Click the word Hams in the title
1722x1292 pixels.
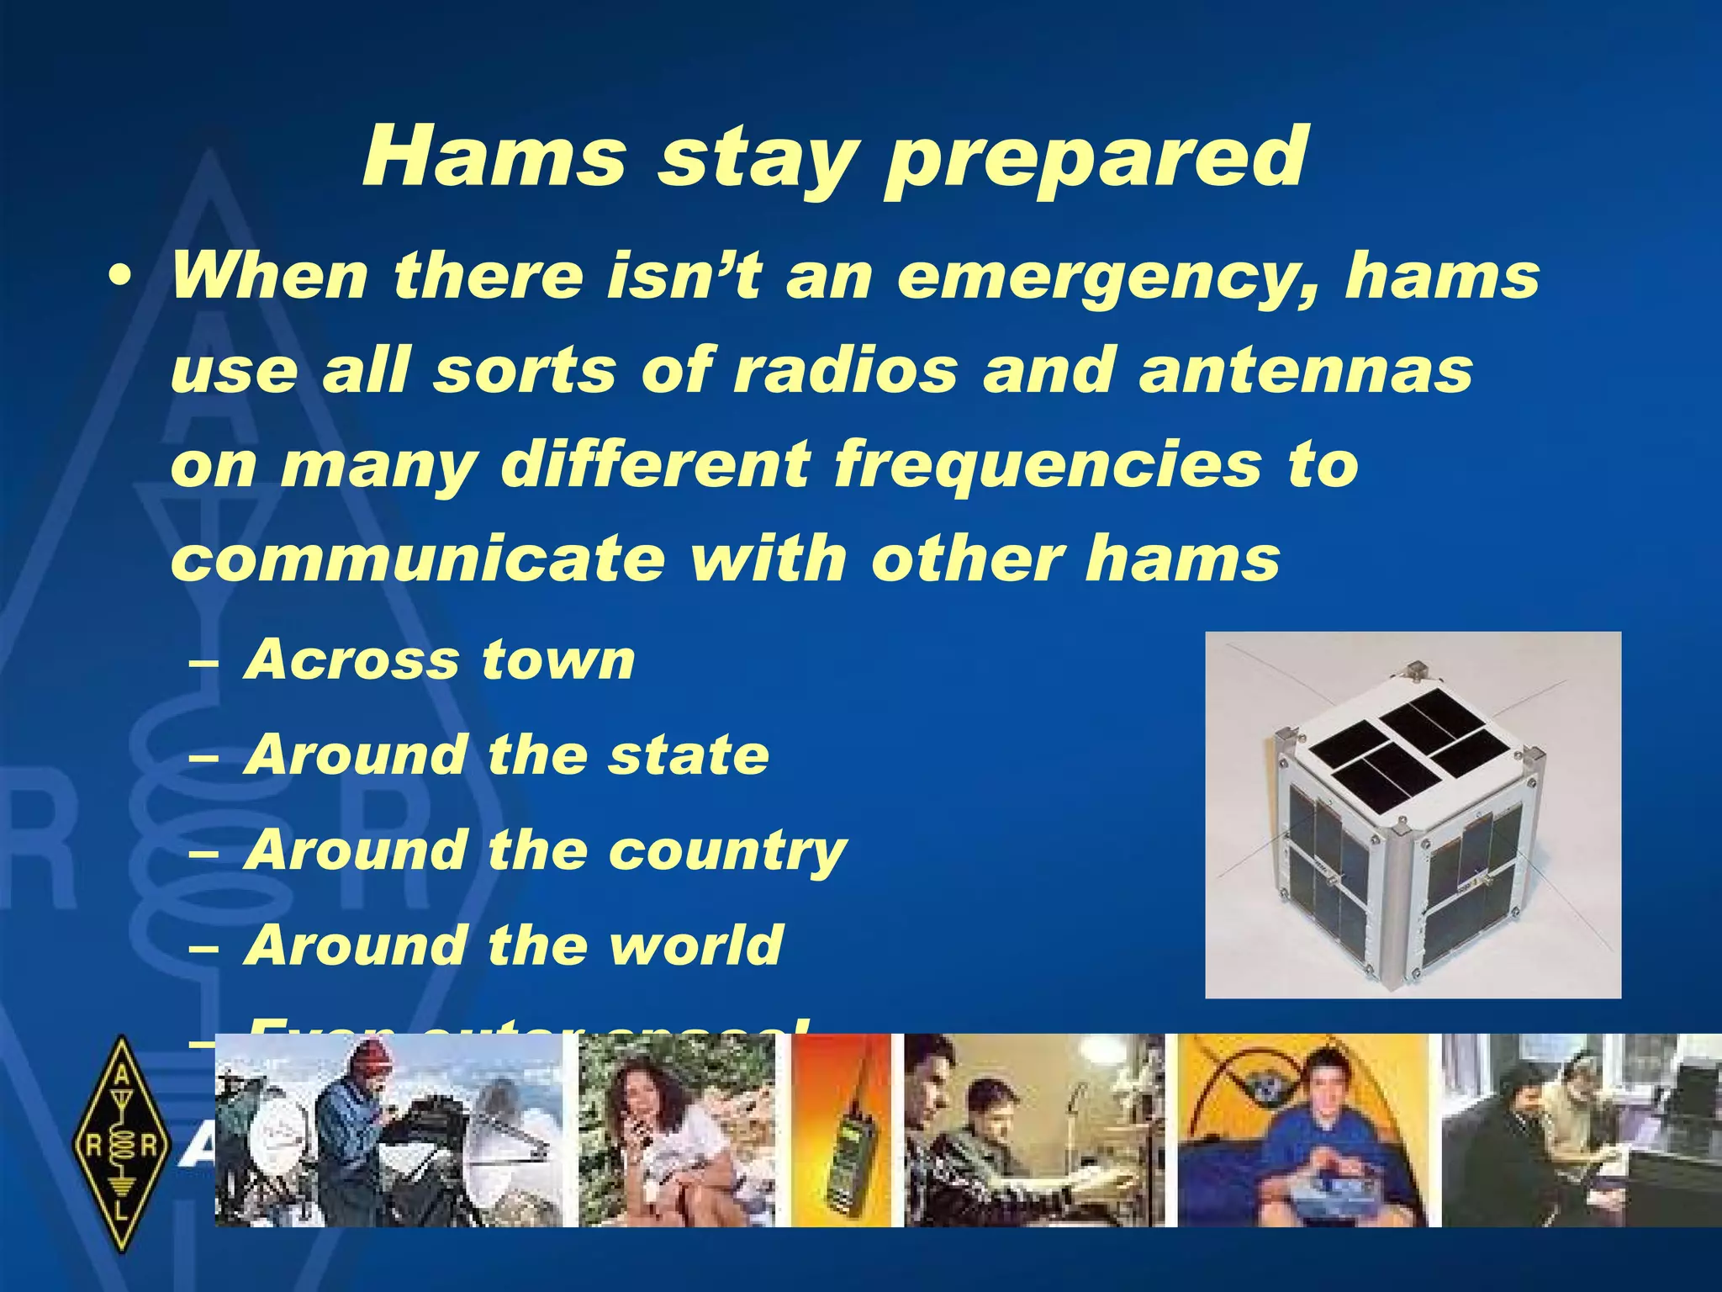(x=494, y=157)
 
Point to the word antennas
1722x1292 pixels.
(x=1306, y=370)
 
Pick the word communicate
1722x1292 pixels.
(x=417, y=559)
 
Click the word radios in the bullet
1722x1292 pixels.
(x=846, y=370)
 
